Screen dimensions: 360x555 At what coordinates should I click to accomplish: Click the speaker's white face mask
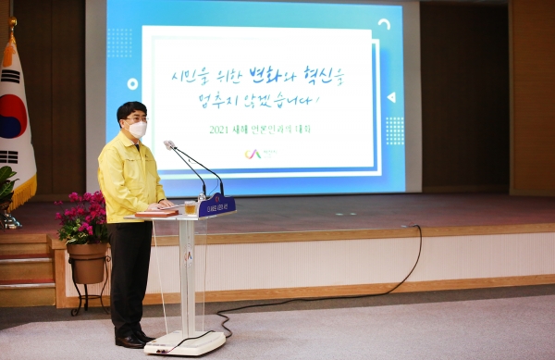click(138, 130)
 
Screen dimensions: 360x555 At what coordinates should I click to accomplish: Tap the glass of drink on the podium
click(190, 208)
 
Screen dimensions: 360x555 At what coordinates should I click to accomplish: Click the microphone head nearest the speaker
click(169, 145)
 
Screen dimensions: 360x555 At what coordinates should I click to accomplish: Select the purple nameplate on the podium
click(217, 206)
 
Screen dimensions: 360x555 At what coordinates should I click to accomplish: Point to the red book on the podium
click(157, 213)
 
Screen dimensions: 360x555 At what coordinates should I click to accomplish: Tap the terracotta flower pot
click(88, 262)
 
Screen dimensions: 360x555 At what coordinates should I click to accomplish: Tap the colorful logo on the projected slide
click(253, 153)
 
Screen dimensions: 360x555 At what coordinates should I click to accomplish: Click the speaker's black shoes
click(131, 340)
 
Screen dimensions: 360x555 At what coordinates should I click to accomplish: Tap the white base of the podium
click(185, 342)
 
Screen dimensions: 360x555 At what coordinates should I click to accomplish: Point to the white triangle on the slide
click(390, 96)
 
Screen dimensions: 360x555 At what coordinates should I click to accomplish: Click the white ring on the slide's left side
click(132, 84)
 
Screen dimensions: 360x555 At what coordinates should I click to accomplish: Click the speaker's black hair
click(131, 109)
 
